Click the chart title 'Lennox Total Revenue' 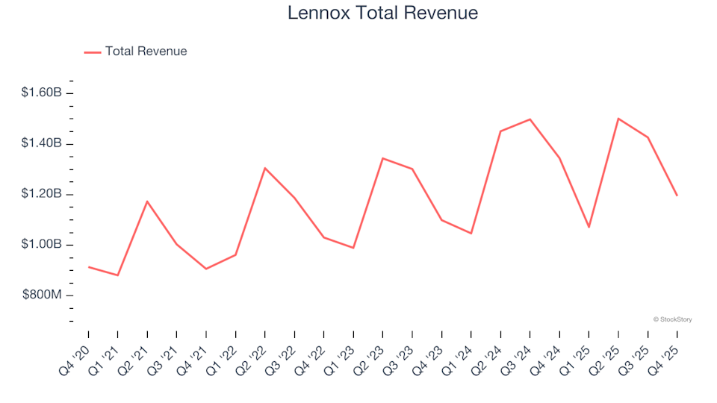[382, 13]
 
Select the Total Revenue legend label [146, 51]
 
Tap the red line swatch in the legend [92, 52]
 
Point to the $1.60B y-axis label [42, 93]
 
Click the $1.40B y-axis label [42, 143]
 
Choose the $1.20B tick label [42, 194]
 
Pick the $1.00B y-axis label [42, 245]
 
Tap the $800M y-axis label [43, 296]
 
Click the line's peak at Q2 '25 [618, 119]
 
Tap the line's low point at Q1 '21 [118, 275]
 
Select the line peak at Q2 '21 [147, 201]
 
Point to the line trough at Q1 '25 [589, 227]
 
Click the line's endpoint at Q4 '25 [677, 196]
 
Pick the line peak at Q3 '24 [530, 119]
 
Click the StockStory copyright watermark [672, 319]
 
